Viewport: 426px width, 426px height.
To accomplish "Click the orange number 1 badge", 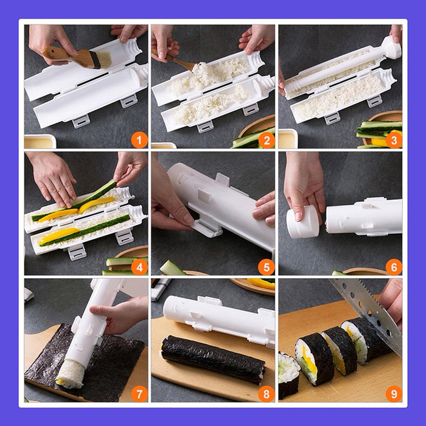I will tap(139, 140).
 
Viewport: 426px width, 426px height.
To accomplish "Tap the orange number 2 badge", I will tap(267, 140).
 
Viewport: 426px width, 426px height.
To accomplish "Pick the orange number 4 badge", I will tap(139, 267).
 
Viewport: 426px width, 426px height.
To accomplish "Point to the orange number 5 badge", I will tap(267, 267).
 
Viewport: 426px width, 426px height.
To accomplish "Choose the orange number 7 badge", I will tap(139, 394).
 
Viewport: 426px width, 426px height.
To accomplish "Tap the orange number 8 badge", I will tap(267, 394).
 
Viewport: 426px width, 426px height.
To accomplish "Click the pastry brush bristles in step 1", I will tap(102, 60).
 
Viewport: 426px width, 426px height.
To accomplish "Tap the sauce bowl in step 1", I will tap(40, 141).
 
